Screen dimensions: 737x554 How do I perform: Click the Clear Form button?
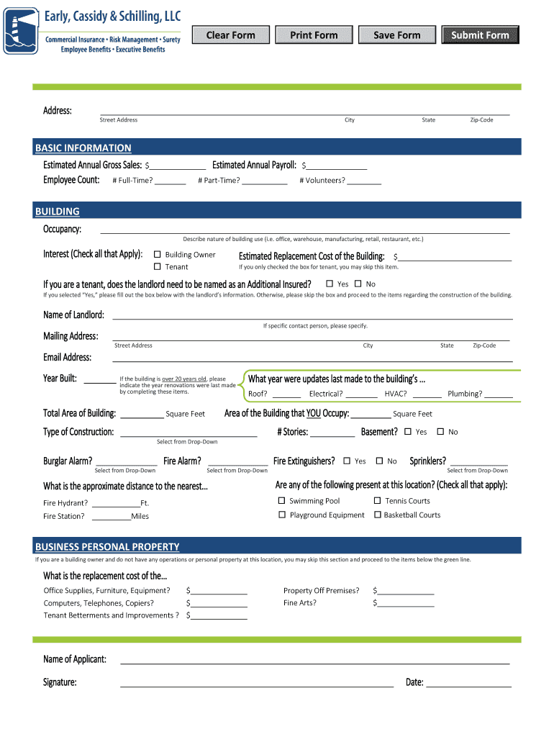pyautogui.click(x=230, y=35)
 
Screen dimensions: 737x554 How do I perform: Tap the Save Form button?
pyautogui.click(x=396, y=35)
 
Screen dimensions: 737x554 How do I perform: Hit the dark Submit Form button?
pyautogui.click(x=480, y=35)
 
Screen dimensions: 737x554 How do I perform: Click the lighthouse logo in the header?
pyautogui.click(x=21, y=30)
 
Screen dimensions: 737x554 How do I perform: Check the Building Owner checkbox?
pyautogui.click(x=158, y=255)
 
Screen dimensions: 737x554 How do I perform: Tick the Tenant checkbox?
pyautogui.click(x=158, y=267)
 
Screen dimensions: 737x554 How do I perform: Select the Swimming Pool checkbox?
pyautogui.click(x=281, y=501)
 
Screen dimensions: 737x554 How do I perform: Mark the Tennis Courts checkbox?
pyautogui.click(x=377, y=501)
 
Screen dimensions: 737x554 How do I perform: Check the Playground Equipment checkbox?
pyautogui.click(x=281, y=515)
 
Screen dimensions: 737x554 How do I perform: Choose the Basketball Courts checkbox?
pyautogui.click(x=377, y=515)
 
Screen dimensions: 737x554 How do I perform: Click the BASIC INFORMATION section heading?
pyautogui.click(x=83, y=148)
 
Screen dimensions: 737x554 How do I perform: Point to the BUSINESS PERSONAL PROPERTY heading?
pyautogui.click(x=107, y=547)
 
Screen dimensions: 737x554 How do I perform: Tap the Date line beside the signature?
pyautogui.click(x=468, y=683)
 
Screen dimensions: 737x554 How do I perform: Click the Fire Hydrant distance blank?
pyautogui.click(x=116, y=504)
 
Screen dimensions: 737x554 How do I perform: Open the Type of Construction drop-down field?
pyautogui.click(x=189, y=433)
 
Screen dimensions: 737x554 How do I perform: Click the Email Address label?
pyautogui.click(x=67, y=358)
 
